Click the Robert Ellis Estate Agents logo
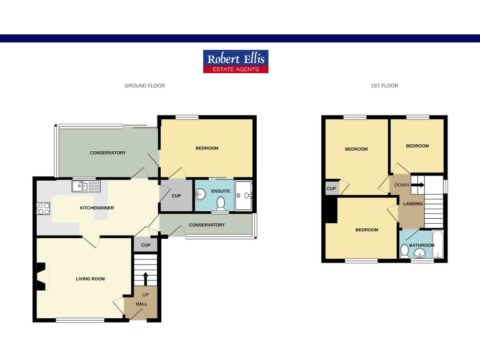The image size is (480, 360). point(236,61)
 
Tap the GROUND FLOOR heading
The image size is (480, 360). point(144,86)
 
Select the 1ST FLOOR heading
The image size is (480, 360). point(384,86)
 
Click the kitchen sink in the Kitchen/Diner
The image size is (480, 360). point(87,186)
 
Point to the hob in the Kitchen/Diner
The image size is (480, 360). point(44,209)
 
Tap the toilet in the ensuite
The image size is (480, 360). point(220,203)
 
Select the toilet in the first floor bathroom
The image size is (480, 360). point(405,252)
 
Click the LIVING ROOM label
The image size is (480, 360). point(90,279)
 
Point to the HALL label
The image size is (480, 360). point(141,304)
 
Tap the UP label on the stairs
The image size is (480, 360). point(146,294)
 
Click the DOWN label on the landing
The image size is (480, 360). point(401,185)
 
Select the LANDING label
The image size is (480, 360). point(413,204)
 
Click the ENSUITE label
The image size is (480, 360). point(221,191)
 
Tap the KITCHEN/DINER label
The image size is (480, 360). point(96,207)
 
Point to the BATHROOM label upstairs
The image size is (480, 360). point(422,246)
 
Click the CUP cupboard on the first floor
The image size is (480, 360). point(331,189)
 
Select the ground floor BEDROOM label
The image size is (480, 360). point(207,148)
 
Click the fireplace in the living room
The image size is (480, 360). point(41,277)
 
